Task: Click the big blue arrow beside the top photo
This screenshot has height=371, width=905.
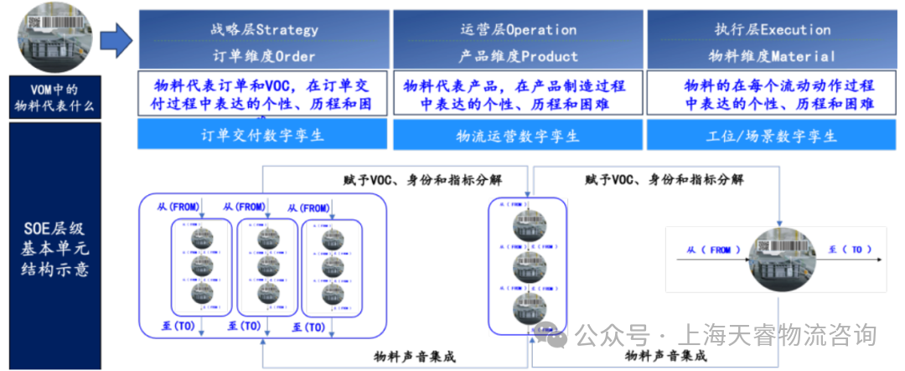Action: pyautogui.click(x=116, y=38)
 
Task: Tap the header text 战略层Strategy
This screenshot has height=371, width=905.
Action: pyautogui.click(x=264, y=29)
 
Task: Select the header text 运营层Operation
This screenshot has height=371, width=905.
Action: pyautogui.click(x=518, y=29)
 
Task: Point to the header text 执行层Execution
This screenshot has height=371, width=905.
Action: pyautogui.click(x=772, y=29)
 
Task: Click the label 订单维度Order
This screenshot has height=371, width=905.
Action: pyautogui.click(x=264, y=56)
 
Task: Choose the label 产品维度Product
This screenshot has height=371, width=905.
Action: pyautogui.click(x=518, y=56)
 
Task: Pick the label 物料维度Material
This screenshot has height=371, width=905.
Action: pyautogui.click(x=772, y=56)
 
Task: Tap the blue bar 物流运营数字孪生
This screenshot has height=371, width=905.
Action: pyautogui.click(x=518, y=135)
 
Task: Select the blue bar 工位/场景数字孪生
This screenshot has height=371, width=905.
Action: pyautogui.click(x=772, y=135)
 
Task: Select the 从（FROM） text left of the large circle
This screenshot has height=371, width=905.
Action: pyautogui.click(x=709, y=250)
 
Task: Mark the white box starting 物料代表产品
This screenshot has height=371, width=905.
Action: pyautogui.click(x=518, y=95)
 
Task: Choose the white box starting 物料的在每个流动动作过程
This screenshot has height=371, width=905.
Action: pyautogui.click(x=772, y=95)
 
